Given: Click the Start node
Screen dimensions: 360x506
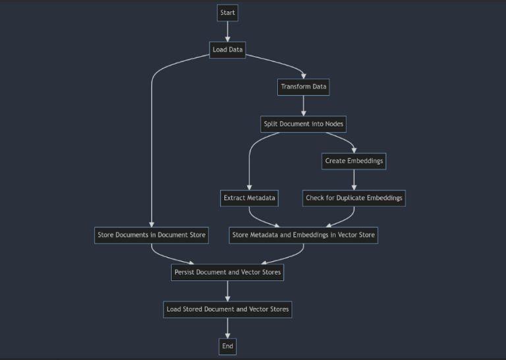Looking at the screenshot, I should click(227, 13).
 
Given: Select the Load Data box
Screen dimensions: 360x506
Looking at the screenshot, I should click(227, 50).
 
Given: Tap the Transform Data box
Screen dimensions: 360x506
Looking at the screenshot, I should click(303, 87).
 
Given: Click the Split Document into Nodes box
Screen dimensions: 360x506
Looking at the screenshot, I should click(303, 124).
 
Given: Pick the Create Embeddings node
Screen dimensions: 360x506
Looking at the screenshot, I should click(354, 161).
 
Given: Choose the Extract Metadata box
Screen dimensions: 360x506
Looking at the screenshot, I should click(249, 198).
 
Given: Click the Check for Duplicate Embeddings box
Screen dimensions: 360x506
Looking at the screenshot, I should click(354, 198).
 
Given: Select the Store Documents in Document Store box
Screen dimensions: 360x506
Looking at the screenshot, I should click(152, 235).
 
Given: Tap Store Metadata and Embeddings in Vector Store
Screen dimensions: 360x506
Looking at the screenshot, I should click(303, 235).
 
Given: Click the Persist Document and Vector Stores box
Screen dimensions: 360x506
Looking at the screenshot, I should click(227, 272).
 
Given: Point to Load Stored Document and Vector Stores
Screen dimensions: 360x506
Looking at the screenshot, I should click(227, 309).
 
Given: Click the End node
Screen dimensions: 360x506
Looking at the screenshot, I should click(227, 345).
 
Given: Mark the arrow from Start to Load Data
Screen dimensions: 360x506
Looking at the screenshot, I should click(227, 31).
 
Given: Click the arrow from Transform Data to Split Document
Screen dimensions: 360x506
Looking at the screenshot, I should click(303, 105).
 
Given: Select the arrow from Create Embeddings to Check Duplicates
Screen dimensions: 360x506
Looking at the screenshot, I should click(354, 179).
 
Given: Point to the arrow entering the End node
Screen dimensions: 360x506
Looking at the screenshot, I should click(227, 328).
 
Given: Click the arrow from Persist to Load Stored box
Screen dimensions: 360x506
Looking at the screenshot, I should click(227, 290).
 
